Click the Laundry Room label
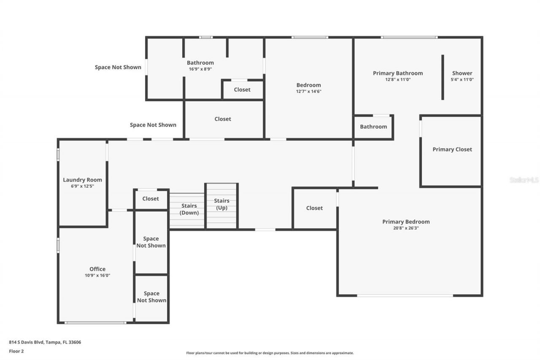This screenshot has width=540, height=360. (82, 180)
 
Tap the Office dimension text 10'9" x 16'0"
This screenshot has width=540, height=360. (97, 276)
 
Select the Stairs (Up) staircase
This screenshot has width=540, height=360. (221, 206)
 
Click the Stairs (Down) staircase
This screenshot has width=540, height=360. (187, 210)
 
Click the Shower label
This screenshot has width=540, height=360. (462, 73)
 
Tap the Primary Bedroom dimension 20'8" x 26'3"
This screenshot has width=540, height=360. (406, 228)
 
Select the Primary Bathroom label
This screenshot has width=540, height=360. (397, 73)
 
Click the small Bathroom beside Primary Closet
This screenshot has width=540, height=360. (373, 127)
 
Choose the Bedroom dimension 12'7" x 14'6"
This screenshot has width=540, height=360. (308, 91)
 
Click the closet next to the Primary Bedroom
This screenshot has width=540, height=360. (314, 208)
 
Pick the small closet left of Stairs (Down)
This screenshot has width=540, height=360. (151, 199)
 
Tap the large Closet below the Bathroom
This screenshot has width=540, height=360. (223, 119)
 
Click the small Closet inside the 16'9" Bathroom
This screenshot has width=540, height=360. (242, 89)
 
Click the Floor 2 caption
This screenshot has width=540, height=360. (16, 351)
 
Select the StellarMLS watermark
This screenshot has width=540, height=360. (524, 180)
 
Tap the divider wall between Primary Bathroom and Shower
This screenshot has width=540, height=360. (443, 77)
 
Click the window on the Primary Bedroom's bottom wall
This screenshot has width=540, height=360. (405, 295)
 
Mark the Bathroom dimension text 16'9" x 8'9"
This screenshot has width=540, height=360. (200, 69)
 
